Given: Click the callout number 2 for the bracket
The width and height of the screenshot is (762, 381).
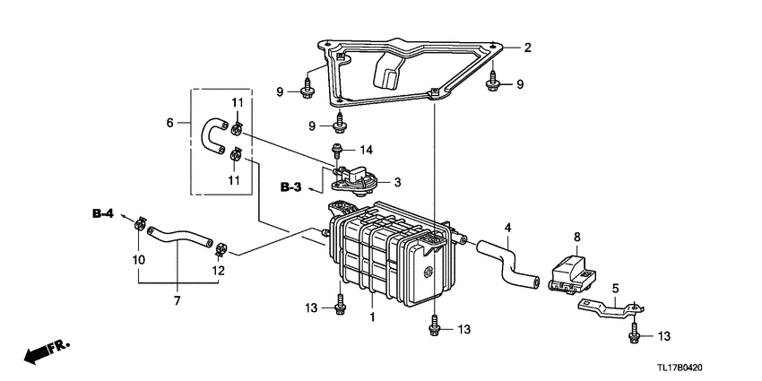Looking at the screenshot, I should (x=528, y=48).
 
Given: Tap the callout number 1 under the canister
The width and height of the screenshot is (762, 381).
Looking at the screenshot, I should (x=372, y=317).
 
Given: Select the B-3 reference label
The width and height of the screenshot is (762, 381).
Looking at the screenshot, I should (x=290, y=187).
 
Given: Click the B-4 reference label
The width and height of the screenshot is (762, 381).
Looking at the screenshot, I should (x=103, y=212).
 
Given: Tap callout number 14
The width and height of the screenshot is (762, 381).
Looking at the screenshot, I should (x=366, y=149).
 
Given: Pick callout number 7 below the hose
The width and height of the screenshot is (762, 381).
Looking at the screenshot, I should (x=177, y=301).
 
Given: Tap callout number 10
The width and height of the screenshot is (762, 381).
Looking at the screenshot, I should (x=139, y=260).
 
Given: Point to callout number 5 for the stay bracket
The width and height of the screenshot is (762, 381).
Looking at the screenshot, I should (x=615, y=288).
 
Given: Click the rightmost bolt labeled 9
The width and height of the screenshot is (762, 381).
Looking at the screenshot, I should (x=492, y=84).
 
